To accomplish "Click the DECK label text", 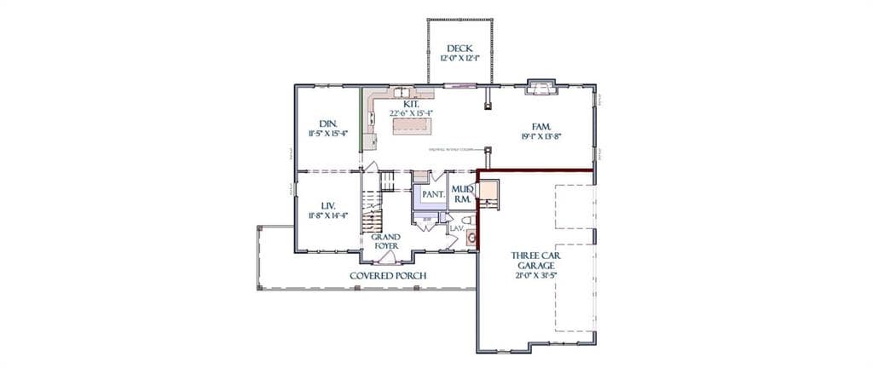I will [x=460, y=48].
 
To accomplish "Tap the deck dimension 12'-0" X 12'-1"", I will [x=460, y=59].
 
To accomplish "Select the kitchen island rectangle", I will [x=412, y=126].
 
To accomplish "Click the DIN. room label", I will [x=328, y=124].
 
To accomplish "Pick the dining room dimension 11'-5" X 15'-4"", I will [x=328, y=135].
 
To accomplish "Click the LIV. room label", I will [x=328, y=206].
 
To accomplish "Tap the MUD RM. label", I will [x=463, y=193].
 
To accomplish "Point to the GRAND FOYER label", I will [x=385, y=241].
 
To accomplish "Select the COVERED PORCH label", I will [x=388, y=276].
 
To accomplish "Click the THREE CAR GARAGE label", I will [x=535, y=260].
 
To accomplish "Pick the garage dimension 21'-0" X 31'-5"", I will [x=535, y=275].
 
